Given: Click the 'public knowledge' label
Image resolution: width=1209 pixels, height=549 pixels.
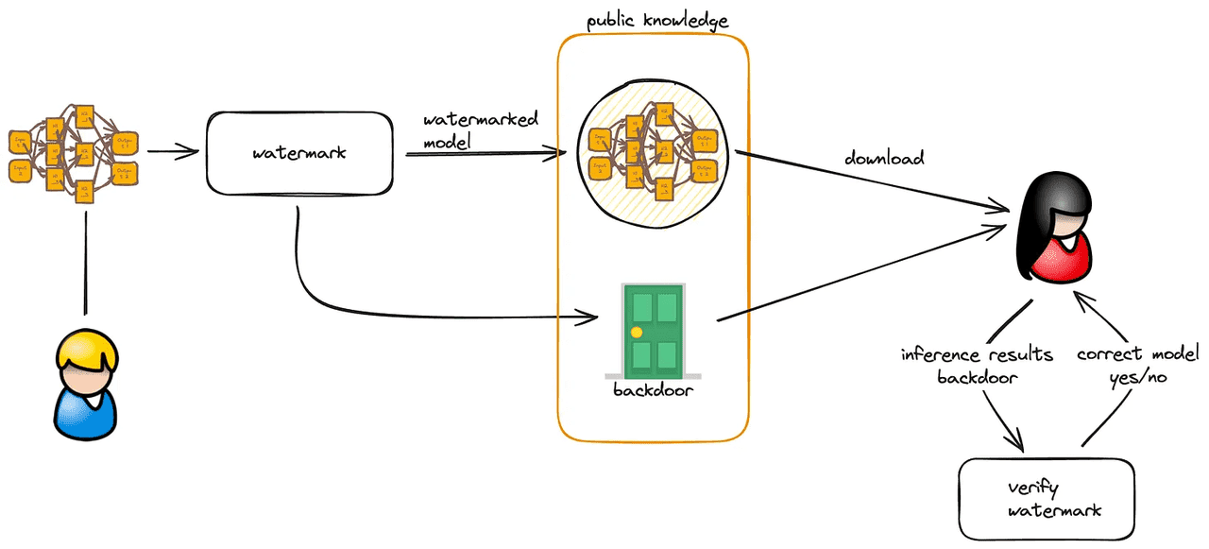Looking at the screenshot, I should coord(657,20).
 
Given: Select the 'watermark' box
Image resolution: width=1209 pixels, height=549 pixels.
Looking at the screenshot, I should coord(298,152).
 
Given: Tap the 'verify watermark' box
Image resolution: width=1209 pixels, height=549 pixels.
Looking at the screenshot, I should coord(1046,500).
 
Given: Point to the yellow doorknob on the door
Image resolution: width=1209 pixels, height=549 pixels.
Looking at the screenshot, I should coord(637,332).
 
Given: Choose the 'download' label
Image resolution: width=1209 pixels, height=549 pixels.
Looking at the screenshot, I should coord(883,159).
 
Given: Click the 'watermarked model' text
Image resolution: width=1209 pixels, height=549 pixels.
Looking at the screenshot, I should coord(481,129).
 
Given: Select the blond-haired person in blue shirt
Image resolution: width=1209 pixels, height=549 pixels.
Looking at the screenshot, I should coord(86,388).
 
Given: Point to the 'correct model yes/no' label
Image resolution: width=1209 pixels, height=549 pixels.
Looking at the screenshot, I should coord(1137,365).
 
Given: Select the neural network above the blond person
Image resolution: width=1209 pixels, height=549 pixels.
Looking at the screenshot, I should coord(74,152).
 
